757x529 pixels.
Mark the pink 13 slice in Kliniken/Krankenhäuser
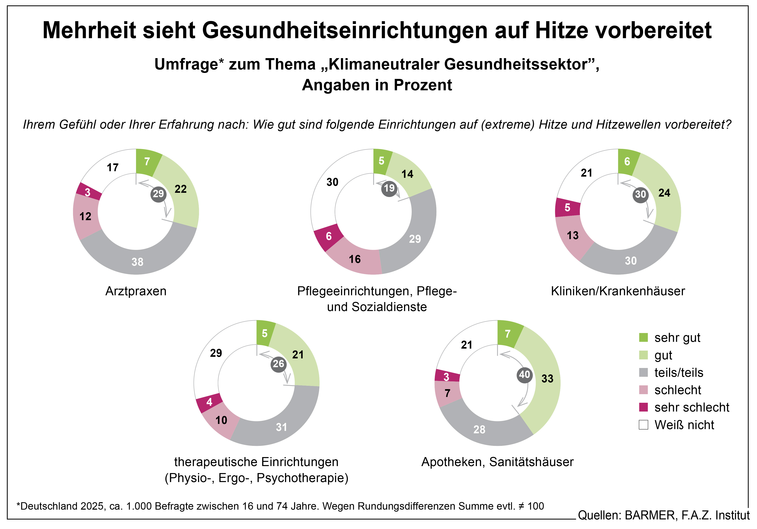(573, 236)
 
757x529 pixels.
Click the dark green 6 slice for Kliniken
(627, 161)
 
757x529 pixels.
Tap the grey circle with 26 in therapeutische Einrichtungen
(278, 364)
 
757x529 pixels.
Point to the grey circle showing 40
(524, 375)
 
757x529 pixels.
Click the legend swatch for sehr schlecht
(643, 407)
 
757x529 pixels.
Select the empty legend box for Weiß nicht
(643, 425)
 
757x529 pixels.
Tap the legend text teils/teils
(679, 373)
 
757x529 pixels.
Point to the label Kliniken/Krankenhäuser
(618, 291)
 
